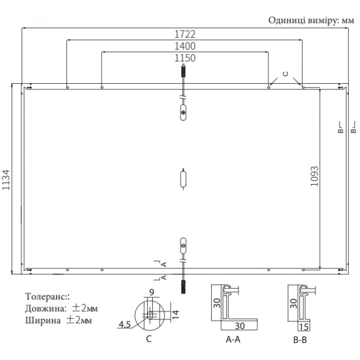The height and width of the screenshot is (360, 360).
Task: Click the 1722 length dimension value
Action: tap(185, 34)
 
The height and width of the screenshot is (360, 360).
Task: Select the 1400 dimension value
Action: tap(185, 46)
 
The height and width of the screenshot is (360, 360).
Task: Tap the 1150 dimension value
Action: tap(185, 58)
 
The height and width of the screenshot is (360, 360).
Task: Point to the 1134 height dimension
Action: tap(6, 180)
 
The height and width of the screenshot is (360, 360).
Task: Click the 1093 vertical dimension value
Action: tap(315, 176)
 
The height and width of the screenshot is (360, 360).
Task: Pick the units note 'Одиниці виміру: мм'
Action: tap(311, 21)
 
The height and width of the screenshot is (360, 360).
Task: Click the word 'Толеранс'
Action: tap(45, 296)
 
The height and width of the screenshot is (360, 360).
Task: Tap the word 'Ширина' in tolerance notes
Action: tap(43, 320)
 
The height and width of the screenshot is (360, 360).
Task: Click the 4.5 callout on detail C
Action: tap(124, 325)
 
